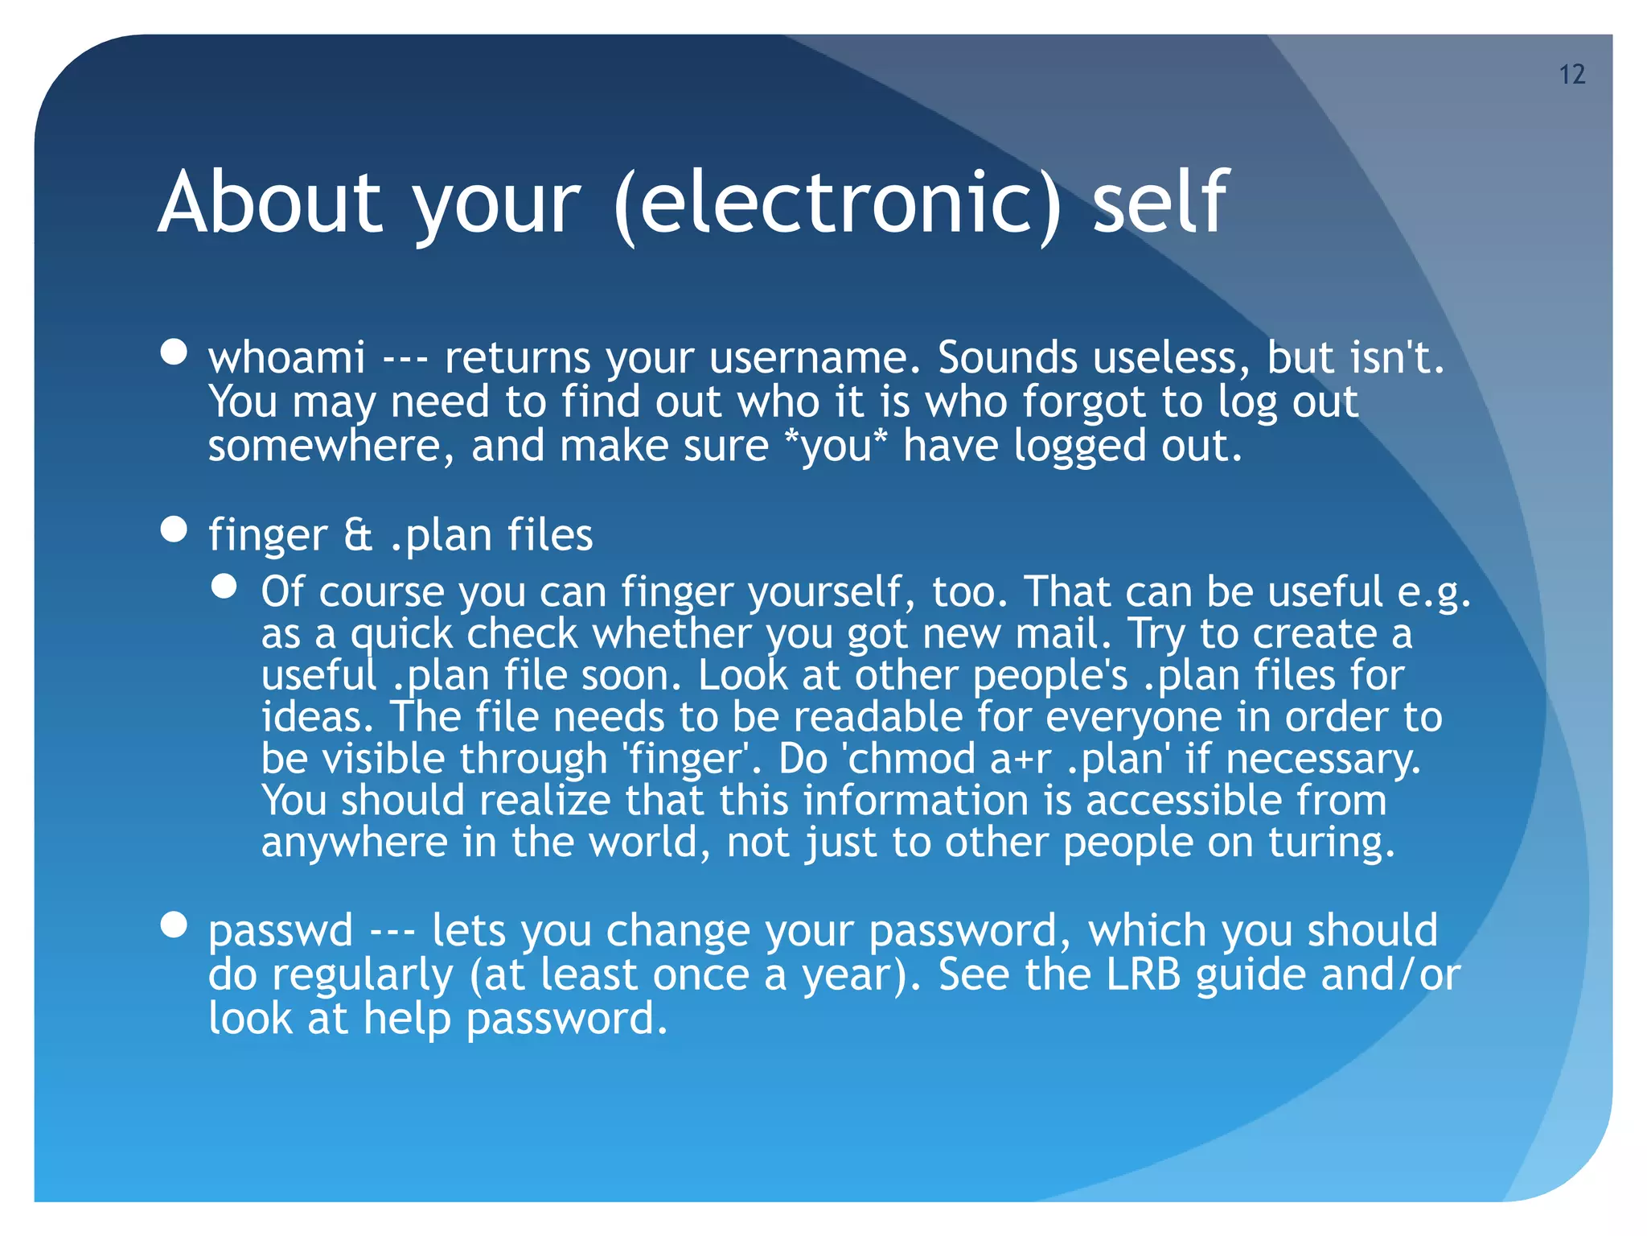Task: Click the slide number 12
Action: [1571, 75]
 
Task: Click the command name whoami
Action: [287, 357]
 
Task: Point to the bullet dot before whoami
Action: [174, 352]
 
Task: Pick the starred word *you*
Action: [836, 446]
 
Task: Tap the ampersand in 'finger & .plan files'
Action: [358, 535]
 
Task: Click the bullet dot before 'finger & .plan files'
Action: [174, 529]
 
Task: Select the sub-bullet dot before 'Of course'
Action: [224, 587]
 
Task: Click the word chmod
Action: [913, 759]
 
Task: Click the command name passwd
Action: [281, 931]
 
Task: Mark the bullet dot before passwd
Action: [174, 925]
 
